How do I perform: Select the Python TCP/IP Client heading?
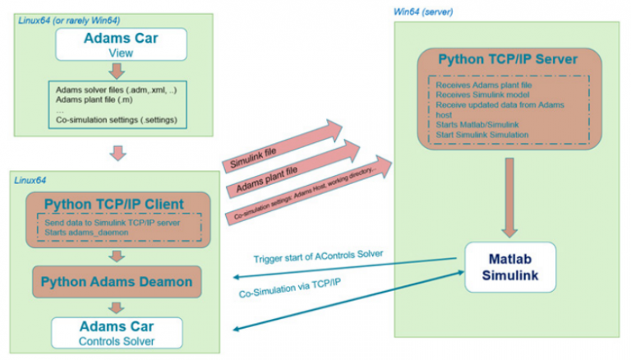(116, 205)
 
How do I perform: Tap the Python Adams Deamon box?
(116, 281)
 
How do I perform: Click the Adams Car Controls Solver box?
(116, 332)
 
